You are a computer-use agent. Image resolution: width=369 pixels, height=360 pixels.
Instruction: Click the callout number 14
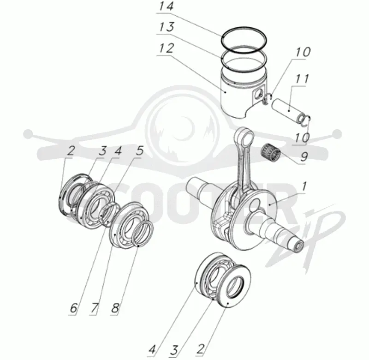point(167,6)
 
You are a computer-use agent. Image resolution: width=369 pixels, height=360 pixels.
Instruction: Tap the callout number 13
point(167,27)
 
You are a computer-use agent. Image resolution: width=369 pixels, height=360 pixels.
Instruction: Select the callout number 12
point(167,48)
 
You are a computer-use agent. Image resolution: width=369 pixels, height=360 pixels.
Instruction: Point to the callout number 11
point(302,79)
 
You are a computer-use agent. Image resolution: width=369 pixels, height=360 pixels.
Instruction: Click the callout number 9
point(304,156)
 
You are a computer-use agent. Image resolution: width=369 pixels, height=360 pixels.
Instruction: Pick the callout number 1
point(304,186)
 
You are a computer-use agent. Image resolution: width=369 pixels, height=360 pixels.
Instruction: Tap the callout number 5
point(140,150)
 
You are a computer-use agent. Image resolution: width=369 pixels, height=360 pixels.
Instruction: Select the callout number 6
point(73,308)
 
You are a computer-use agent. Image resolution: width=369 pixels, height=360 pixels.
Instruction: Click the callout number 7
point(94,308)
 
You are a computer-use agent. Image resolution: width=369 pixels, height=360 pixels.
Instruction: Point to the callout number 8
point(115,308)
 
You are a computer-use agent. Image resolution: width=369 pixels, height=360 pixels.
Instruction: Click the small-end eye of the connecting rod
point(244,136)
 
